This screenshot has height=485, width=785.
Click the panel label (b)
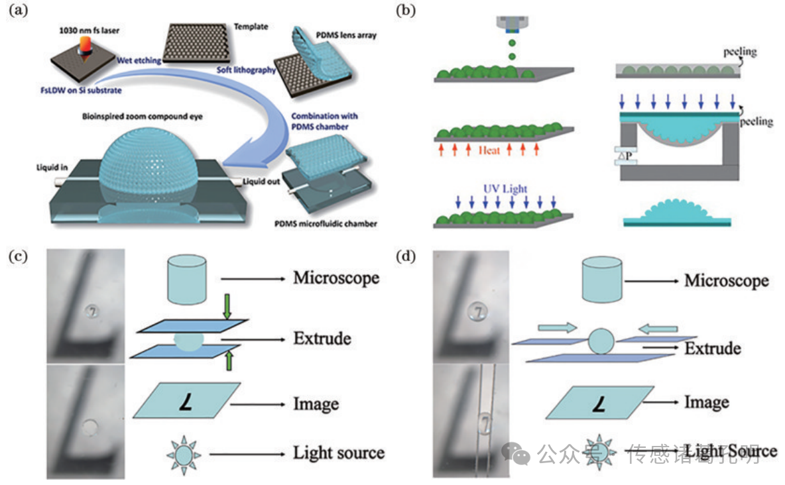(x=405, y=11)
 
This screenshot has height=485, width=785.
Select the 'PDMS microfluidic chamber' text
(x=327, y=224)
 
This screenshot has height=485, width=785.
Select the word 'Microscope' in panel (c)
(x=336, y=277)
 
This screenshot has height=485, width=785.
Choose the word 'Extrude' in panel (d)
(x=713, y=349)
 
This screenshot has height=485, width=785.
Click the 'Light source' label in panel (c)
(x=338, y=453)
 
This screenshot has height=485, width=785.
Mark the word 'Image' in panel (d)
(x=707, y=402)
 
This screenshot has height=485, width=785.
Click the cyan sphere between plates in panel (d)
(x=602, y=341)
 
